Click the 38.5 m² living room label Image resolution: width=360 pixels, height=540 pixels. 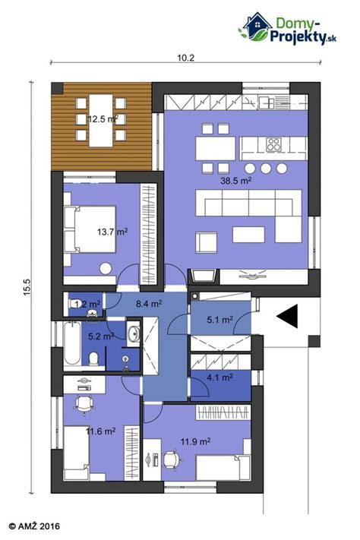point(235,180)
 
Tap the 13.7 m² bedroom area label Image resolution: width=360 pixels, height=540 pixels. point(112,232)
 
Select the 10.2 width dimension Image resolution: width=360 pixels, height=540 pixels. point(186,58)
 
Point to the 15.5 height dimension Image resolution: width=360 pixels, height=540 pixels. point(27,286)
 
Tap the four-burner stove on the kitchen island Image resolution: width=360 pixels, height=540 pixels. point(274,144)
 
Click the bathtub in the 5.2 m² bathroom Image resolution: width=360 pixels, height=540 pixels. point(72,344)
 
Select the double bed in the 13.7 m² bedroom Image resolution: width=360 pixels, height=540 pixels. point(90,229)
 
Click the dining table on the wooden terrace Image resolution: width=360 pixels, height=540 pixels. point(101,120)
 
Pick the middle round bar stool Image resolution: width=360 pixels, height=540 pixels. point(266,169)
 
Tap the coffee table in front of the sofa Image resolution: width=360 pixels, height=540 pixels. point(248,235)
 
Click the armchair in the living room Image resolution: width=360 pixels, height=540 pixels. point(207,242)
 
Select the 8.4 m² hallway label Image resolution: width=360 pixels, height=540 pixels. point(149,304)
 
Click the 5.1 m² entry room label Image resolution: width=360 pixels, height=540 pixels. point(219,320)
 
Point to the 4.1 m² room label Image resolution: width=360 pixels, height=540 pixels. point(219,377)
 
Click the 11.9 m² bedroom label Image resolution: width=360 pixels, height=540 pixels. point(196,441)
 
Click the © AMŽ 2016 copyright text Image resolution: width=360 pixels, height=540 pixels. point(34,526)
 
